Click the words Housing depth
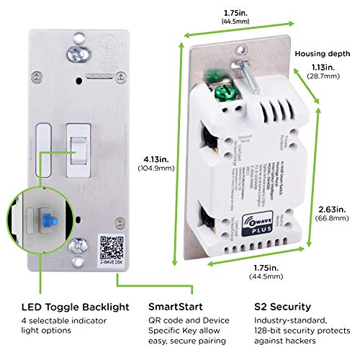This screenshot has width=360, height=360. point(320,53)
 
